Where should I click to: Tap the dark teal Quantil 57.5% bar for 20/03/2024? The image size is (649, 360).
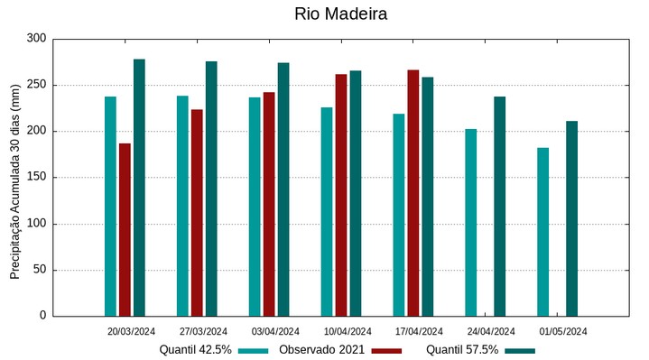(x=139, y=188)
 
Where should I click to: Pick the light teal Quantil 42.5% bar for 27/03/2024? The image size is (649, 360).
(x=182, y=206)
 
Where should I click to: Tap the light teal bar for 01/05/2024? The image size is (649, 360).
(x=542, y=232)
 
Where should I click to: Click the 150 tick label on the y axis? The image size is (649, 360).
(x=36, y=178)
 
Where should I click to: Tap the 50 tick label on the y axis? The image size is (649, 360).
(x=39, y=270)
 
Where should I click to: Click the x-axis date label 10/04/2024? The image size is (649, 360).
(x=348, y=331)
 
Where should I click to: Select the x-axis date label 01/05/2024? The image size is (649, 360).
(x=563, y=331)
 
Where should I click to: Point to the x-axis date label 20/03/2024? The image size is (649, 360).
(x=132, y=331)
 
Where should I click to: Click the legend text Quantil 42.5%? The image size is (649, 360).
(x=195, y=349)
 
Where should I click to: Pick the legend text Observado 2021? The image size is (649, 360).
(x=321, y=349)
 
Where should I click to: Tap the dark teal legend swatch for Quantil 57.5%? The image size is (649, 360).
(x=519, y=350)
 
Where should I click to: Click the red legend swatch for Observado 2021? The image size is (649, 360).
(x=386, y=350)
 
